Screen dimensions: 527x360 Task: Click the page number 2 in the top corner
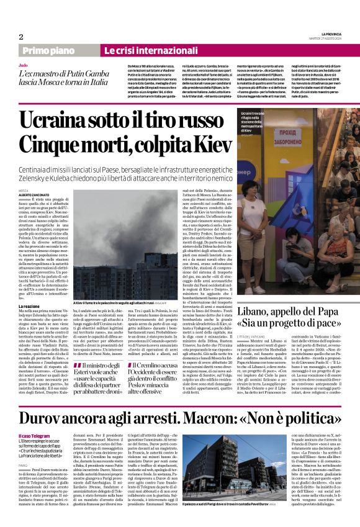pos(21,37)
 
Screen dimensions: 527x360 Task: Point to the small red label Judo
pos(22,65)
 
